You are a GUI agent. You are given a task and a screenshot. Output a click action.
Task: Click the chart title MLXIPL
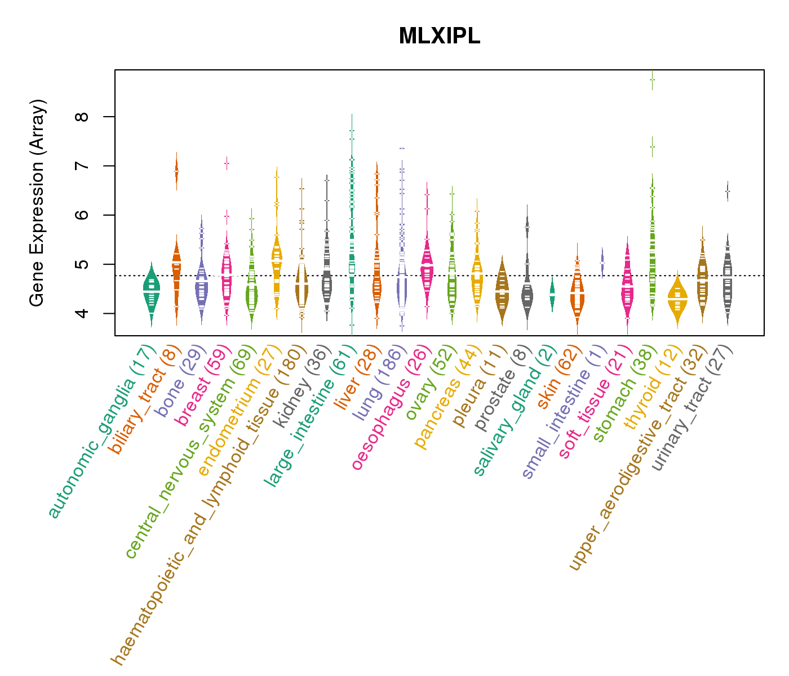click(x=439, y=36)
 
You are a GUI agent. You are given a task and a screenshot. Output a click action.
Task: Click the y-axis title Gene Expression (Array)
click(x=37, y=203)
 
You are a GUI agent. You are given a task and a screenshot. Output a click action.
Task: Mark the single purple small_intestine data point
click(x=602, y=263)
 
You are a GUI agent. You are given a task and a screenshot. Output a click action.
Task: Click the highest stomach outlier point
click(x=652, y=79)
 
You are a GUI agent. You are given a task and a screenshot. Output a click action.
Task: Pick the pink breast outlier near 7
click(x=227, y=163)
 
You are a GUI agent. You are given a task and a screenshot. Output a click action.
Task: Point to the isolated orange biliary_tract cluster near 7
click(x=176, y=170)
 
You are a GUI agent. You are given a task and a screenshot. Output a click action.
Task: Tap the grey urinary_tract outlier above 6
click(x=728, y=192)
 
